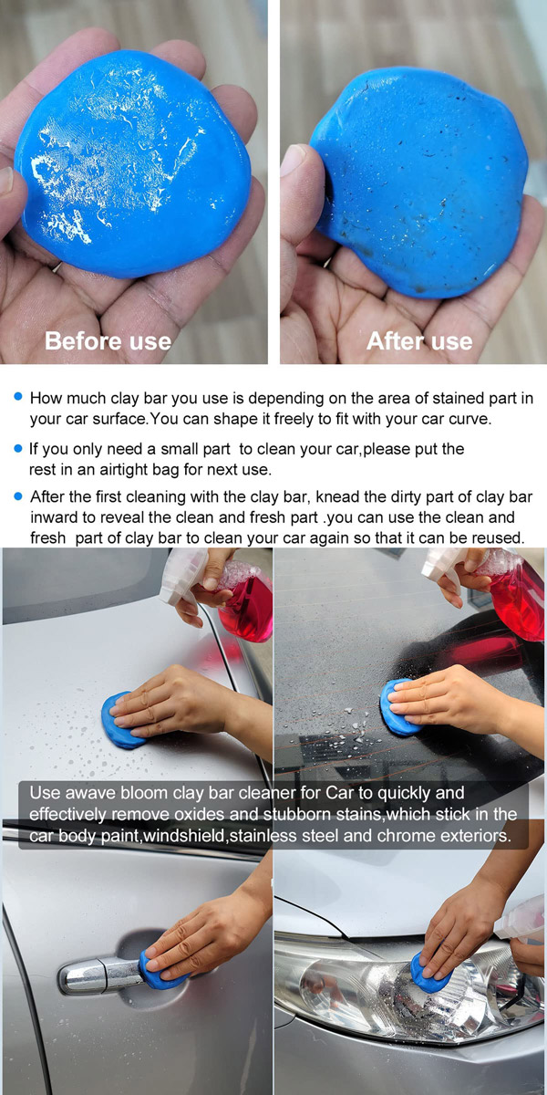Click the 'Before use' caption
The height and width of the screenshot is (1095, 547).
[x=108, y=340]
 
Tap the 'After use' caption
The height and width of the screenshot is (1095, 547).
[x=419, y=340]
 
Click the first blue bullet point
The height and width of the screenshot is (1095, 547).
[x=18, y=396]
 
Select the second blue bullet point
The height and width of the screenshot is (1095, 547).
[x=18, y=448]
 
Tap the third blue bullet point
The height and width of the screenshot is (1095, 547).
[x=18, y=496]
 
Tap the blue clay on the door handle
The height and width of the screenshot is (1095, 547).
[x=162, y=970]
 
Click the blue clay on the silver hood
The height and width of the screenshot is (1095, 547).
[x=122, y=720]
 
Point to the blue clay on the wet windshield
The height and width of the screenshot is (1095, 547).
[x=399, y=707]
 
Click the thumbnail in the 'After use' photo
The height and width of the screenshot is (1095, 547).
[x=292, y=161]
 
